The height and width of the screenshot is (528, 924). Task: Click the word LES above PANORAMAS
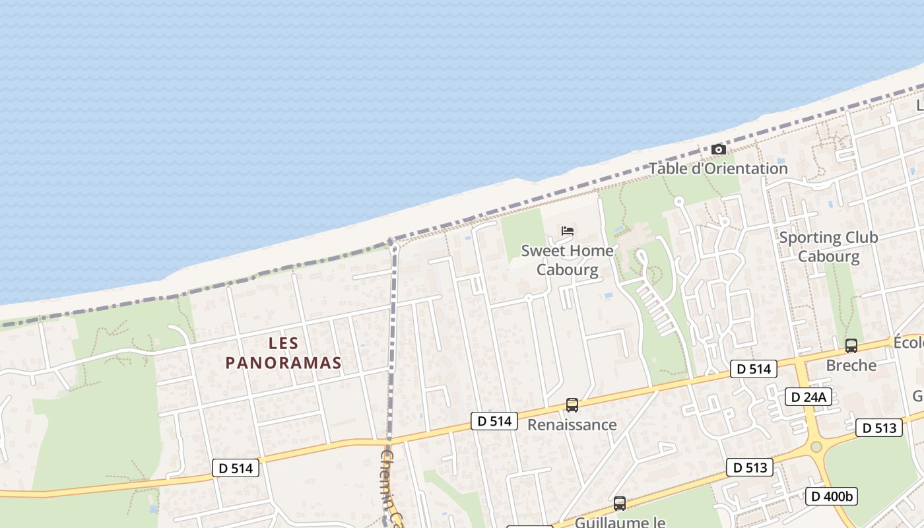pos(284,343)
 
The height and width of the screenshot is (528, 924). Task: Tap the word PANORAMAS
pos(284,363)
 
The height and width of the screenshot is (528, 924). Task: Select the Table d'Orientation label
pos(718,168)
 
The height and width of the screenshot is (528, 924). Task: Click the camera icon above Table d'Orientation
pos(719,150)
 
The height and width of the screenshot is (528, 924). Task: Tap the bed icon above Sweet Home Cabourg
pos(568,231)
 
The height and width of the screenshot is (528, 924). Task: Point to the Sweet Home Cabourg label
pos(567,260)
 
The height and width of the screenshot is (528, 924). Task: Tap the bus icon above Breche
pos(851,345)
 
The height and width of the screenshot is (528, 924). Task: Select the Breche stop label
pos(851,365)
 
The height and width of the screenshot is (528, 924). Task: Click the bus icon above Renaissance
pos(572,405)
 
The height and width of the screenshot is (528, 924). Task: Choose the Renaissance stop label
pos(572,424)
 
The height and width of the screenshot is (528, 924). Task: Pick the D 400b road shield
pos(831,496)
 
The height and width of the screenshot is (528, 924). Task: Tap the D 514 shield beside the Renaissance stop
pos(494,421)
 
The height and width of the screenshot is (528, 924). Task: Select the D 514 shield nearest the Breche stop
pos(753,369)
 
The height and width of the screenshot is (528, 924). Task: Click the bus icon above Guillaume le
pos(619,504)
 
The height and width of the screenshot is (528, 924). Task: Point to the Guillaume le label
pos(620,521)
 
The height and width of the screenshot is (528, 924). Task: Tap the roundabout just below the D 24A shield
pos(816,447)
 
